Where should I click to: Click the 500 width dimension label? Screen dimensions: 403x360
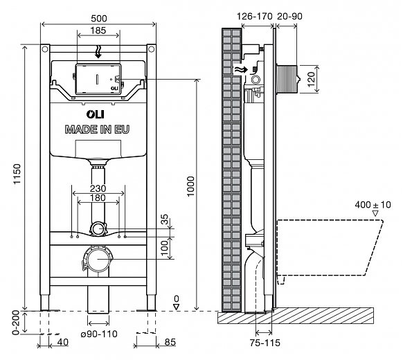(99, 19)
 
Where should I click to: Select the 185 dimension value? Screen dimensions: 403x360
(98, 30)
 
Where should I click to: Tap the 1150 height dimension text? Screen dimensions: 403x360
(17, 174)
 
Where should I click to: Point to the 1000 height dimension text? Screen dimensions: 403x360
(190, 186)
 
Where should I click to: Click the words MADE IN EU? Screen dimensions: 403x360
(97, 129)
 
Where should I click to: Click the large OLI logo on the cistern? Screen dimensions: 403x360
(96, 114)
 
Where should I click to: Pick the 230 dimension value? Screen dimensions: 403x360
(98, 188)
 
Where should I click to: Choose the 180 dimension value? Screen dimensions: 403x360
(98, 197)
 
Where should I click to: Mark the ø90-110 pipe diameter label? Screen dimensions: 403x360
(99, 334)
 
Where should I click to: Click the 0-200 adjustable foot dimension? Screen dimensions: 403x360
(16, 323)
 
